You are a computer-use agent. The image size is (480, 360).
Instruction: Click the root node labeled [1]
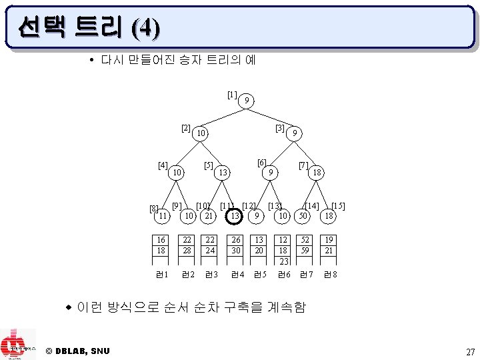247,101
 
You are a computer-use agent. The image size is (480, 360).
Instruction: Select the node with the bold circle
234,216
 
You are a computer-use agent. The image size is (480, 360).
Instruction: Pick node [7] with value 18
318,173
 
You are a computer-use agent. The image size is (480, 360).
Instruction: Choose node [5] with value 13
224,173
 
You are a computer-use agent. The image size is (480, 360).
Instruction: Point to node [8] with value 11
161,216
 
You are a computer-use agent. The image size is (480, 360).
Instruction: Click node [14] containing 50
304,216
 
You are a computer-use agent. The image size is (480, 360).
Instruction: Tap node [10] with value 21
209,216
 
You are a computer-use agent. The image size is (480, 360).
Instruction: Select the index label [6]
262,163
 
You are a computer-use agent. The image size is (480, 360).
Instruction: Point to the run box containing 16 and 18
161,245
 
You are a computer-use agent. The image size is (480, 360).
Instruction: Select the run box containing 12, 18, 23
284,250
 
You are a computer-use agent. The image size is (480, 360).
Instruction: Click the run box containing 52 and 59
305,245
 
